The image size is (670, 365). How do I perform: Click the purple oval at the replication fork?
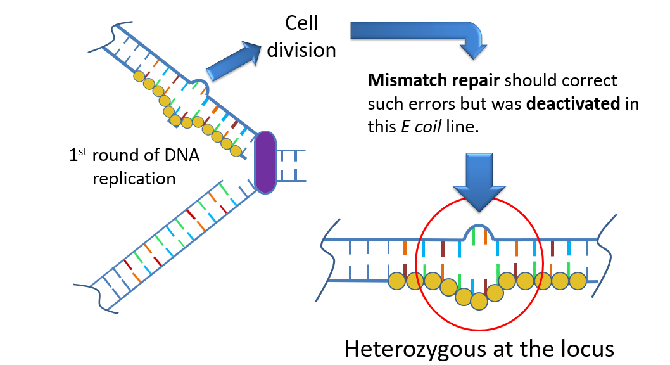click(265, 162)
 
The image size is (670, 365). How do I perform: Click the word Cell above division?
click(301, 23)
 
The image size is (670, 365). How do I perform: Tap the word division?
click(301, 50)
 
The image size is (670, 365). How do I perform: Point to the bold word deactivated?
click(573, 103)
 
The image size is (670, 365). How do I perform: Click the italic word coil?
click(427, 127)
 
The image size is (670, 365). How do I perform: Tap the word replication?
click(134, 179)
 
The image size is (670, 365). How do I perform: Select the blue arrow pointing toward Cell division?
click(233, 60)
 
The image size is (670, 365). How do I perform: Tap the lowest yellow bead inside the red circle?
click(479, 301)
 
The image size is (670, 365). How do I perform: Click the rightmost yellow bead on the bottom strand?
click(578, 281)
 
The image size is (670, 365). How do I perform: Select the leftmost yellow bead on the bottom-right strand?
click(396, 281)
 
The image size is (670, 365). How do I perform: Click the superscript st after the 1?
click(83, 151)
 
